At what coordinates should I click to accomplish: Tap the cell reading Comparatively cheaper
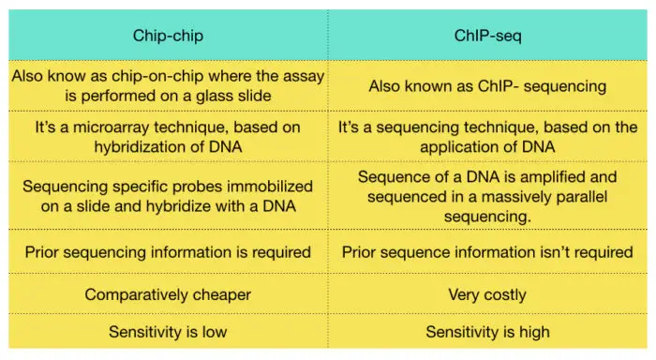click(x=168, y=294)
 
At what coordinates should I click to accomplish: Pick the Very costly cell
click(x=486, y=294)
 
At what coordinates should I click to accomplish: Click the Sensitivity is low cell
click(x=168, y=331)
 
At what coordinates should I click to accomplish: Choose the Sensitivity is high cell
click(x=486, y=331)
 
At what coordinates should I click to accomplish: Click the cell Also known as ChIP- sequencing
click(x=486, y=84)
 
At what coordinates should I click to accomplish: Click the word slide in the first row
click(x=248, y=95)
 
